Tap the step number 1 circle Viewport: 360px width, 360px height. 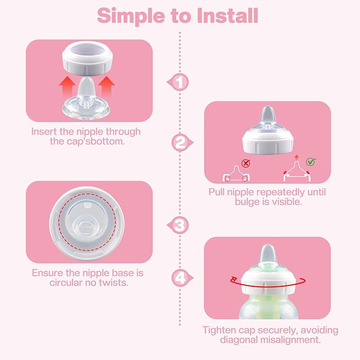pos(180,82)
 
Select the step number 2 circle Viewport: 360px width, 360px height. pos(180,142)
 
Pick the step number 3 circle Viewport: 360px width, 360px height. pos(180,225)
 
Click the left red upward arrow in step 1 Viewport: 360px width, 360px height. pos(66,85)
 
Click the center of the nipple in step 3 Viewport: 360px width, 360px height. pos(88,222)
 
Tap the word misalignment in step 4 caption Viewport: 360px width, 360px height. pos(293,340)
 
